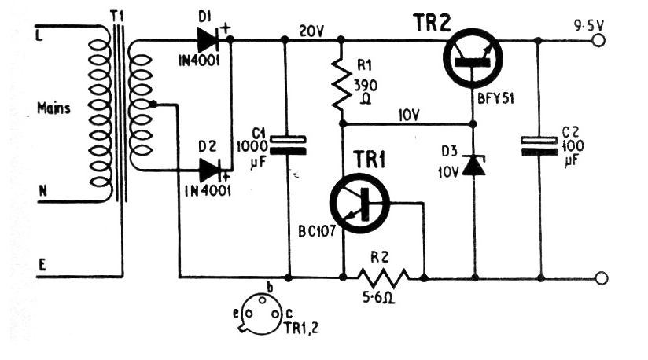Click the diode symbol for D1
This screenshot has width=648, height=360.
[208, 40]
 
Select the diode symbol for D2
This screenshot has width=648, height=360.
[210, 170]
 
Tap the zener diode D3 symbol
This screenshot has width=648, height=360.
[473, 165]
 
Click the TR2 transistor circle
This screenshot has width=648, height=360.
[473, 58]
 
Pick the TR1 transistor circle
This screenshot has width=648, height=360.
[359, 204]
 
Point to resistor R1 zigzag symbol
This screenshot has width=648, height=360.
[341, 85]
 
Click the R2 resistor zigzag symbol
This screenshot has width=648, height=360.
[384, 277]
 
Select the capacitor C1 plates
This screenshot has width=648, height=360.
[288, 145]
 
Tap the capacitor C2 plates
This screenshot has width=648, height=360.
[539, 146]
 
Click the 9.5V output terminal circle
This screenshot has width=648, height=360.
[598, 40]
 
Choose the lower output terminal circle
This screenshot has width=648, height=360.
[602, 277]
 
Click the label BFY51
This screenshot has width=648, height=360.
[495, 99]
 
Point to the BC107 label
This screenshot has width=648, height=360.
[317, 231]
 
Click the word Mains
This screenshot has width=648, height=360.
[53, 108]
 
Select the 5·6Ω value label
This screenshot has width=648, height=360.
[378, 297]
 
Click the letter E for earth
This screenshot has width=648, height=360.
[42, 265]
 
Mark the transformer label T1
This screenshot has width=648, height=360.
[117, 17]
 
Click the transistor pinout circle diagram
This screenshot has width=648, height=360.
[260, 314]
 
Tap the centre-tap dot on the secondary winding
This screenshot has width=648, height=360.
[153, 104]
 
